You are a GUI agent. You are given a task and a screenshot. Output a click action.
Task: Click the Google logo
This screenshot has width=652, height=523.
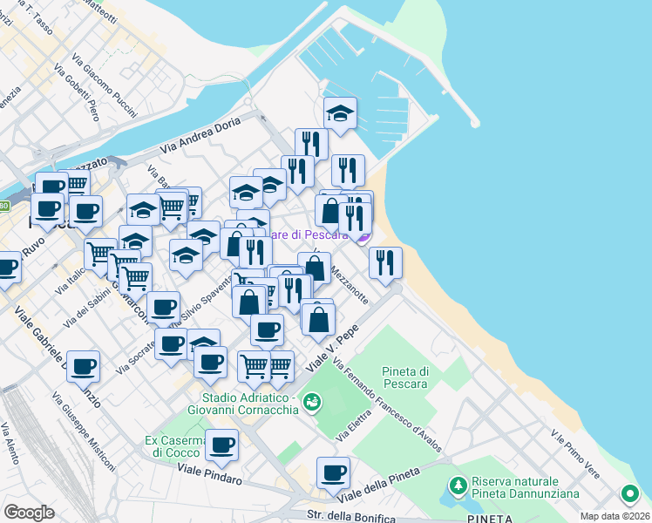pyautogui.click(x=29, y=513)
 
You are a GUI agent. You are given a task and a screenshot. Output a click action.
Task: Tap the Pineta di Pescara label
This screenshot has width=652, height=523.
pyautogui.click(x=405, y=377)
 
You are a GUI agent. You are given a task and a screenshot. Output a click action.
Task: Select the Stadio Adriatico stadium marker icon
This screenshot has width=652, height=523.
pyautogui.click(x=312, y=402)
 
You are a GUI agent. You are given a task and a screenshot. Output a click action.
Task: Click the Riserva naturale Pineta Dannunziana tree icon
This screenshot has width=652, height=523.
pyautogui.click(x=456, y=484)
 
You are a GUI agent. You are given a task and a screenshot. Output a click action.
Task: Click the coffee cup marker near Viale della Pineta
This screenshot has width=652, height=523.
pyautogui.click(x=333, y=472)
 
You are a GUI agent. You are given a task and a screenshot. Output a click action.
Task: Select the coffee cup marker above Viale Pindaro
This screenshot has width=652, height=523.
pyautogui.click(x=221, y=445)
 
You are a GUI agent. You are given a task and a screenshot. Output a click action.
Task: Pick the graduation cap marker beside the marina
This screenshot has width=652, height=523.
pyautogui.click(x=340, y=112)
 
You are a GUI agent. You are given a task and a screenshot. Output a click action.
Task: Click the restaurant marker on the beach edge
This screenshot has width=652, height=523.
pyautogui.click(x=385, y=261)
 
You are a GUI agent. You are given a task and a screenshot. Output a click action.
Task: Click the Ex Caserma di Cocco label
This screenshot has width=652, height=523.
pyautogui.click(x=174, y=445)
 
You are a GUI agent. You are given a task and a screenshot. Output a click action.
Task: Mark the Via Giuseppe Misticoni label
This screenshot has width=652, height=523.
pyautogui.click(x=84, y=433)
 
